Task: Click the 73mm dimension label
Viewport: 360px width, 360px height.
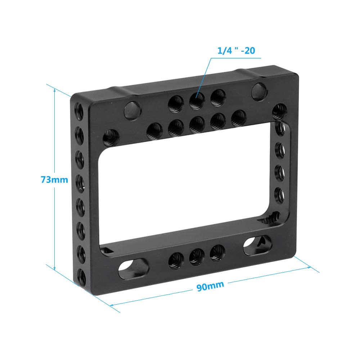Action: point(54,179)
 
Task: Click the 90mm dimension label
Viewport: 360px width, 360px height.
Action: point(210,285)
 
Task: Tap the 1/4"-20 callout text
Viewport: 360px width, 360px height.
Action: point(236,51)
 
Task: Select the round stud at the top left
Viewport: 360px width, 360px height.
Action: point(131,110)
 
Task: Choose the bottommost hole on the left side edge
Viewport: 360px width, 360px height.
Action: point(81,277)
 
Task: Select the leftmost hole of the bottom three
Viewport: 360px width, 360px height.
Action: point(176,260)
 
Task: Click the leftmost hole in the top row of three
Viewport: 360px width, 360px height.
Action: point(175,105)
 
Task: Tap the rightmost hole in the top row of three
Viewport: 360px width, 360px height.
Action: point(217,97)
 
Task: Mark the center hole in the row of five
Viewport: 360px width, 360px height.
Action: point(197,123)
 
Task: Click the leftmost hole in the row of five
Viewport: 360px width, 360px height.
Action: point(154,130)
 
